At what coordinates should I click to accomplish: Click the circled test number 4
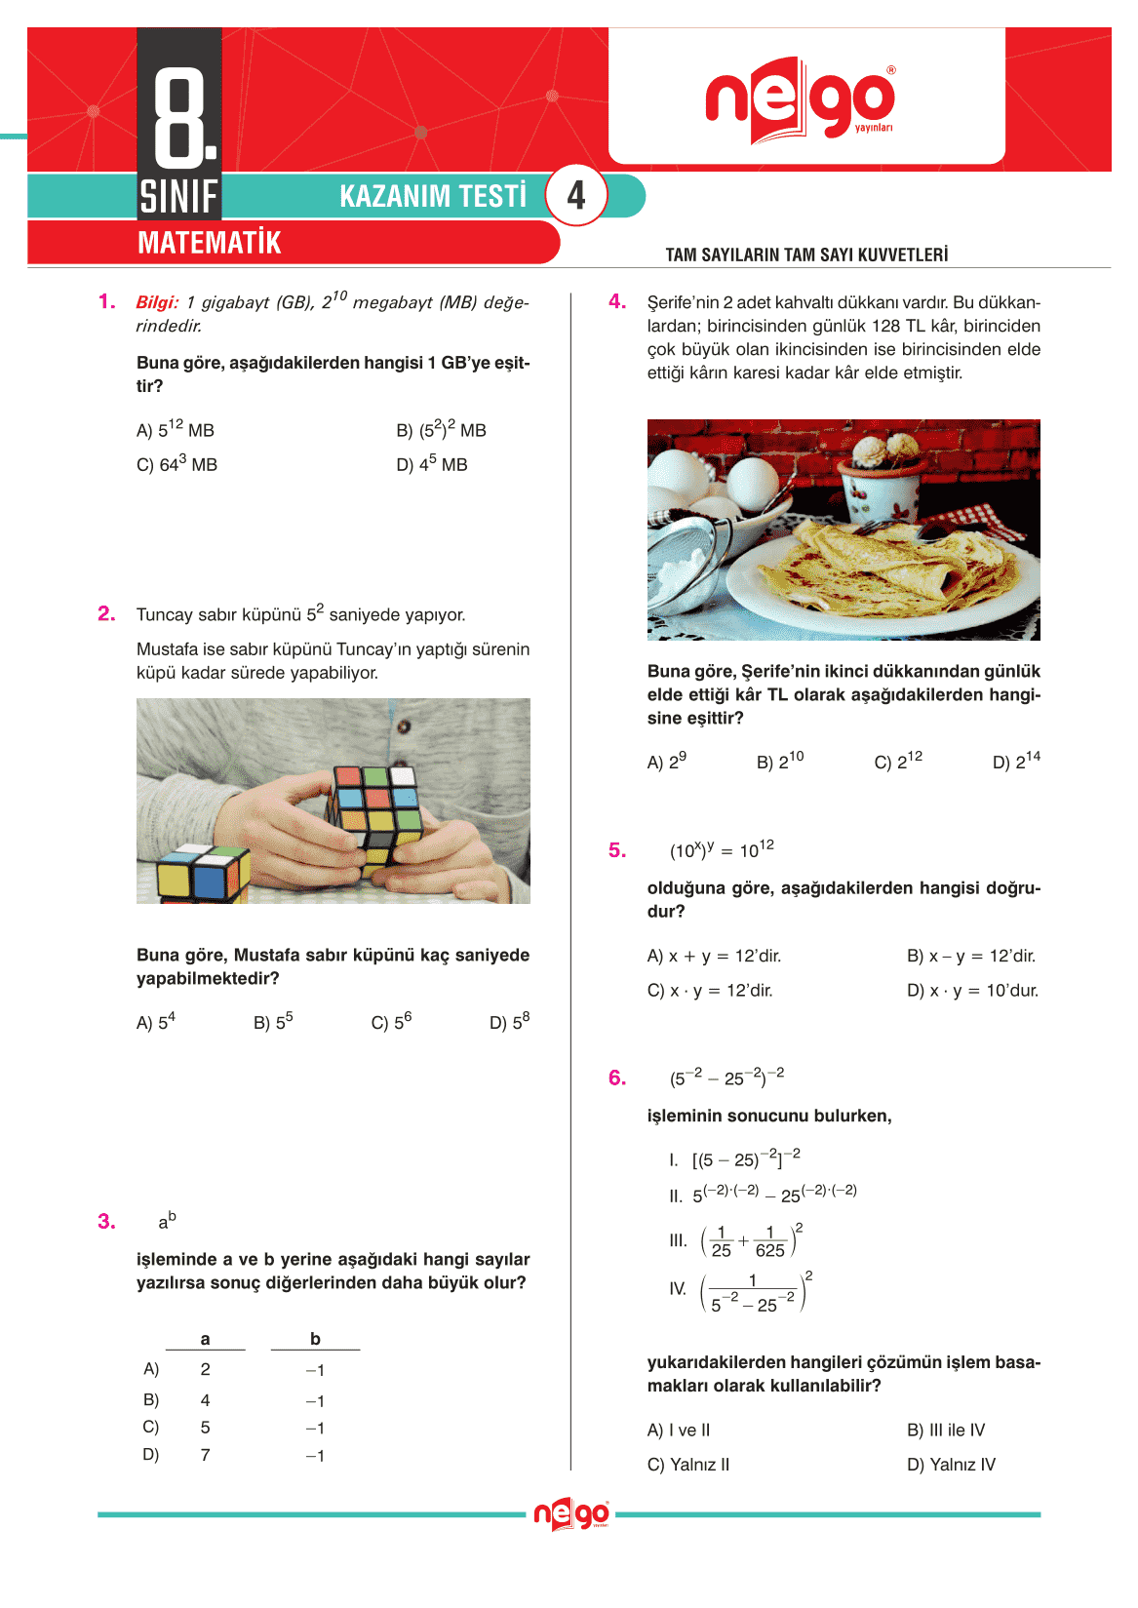tap(576, 196)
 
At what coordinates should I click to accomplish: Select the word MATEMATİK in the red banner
tap(209, 243)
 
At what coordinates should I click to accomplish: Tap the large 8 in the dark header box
tap(181, 115)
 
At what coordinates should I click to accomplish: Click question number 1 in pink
tap(106, 301)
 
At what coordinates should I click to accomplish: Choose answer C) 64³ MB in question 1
tap(177, 464)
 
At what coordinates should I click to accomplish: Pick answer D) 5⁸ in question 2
tap(509, 1021)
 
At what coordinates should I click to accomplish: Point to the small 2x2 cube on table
tap(203, 873)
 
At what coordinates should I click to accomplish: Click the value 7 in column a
tap(205, 1455)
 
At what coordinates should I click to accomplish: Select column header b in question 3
tap(315, 1339)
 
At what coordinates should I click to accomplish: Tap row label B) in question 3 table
tap(151, 1400)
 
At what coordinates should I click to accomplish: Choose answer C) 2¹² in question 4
tap(897, 761)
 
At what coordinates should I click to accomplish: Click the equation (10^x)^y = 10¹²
tap(722, 849)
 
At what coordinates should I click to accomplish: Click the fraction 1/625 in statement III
tap(769, 1241)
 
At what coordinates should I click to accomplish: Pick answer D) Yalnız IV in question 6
tap(951, 1465)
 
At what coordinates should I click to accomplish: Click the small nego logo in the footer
tap(571, 1514)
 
